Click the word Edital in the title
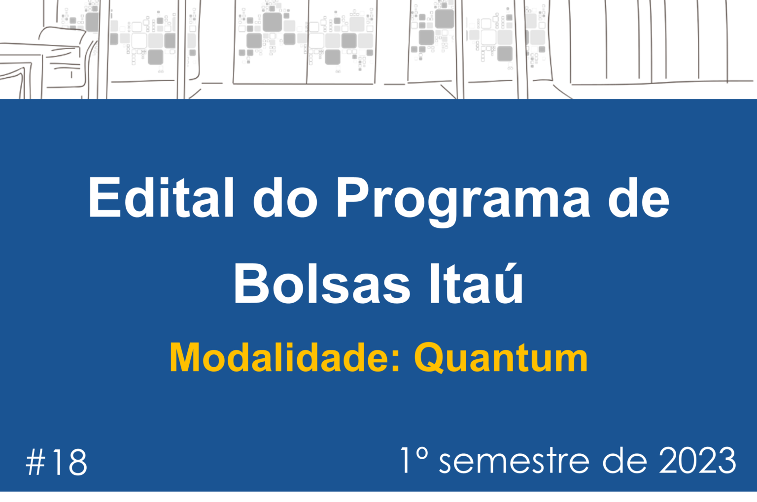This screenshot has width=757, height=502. pyautogui.click(x=161, y=198)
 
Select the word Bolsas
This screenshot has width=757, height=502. pyautogui.click(x=322, y=283)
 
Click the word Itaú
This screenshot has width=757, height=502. pyautogui.click(x=476, y=283)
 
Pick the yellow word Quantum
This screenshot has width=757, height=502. pyautogui.click(x=501, y=358)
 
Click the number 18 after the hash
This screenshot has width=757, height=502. pyautogui.click(x=70, y=462)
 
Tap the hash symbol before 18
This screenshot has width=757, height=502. pyautogui.click(x=35, y=462)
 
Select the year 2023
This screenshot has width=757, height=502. pyautogui.click(x=697, y=460)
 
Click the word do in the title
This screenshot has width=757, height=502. pyautogui.click(x=285, y=198)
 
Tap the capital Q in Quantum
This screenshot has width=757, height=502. pyautogui.click(x=429, y=358)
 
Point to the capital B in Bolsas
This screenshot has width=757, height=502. pyautogui.click(x=251, y=283)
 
